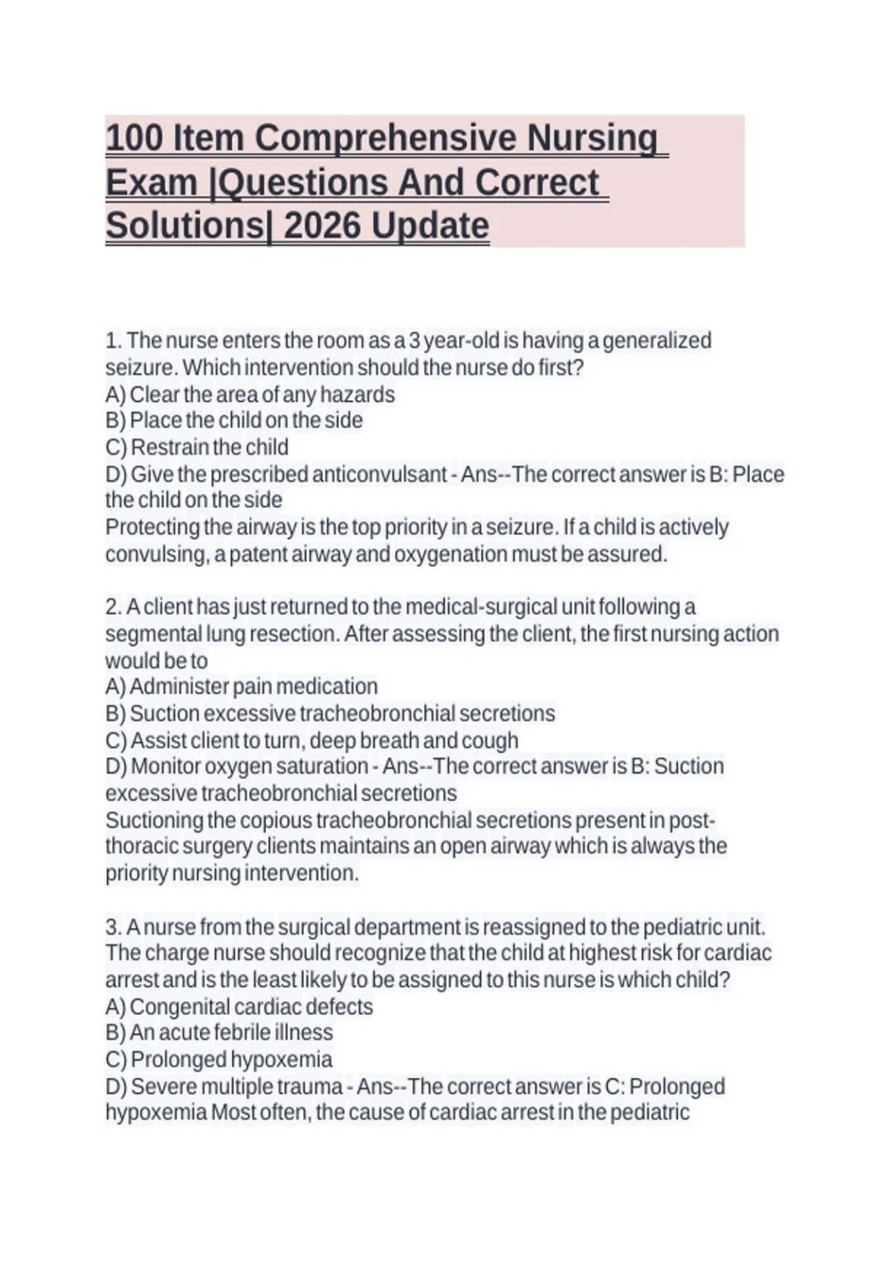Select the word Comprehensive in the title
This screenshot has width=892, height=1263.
385,139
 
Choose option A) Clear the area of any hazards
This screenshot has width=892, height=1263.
250,395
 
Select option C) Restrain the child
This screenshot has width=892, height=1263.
197,447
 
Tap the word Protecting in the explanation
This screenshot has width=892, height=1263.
152,527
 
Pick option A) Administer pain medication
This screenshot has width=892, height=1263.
242,686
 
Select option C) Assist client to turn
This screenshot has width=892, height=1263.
311,741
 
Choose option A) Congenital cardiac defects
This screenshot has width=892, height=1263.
239,1007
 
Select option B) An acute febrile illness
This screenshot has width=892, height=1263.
219,1033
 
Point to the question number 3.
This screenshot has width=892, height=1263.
113,927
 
